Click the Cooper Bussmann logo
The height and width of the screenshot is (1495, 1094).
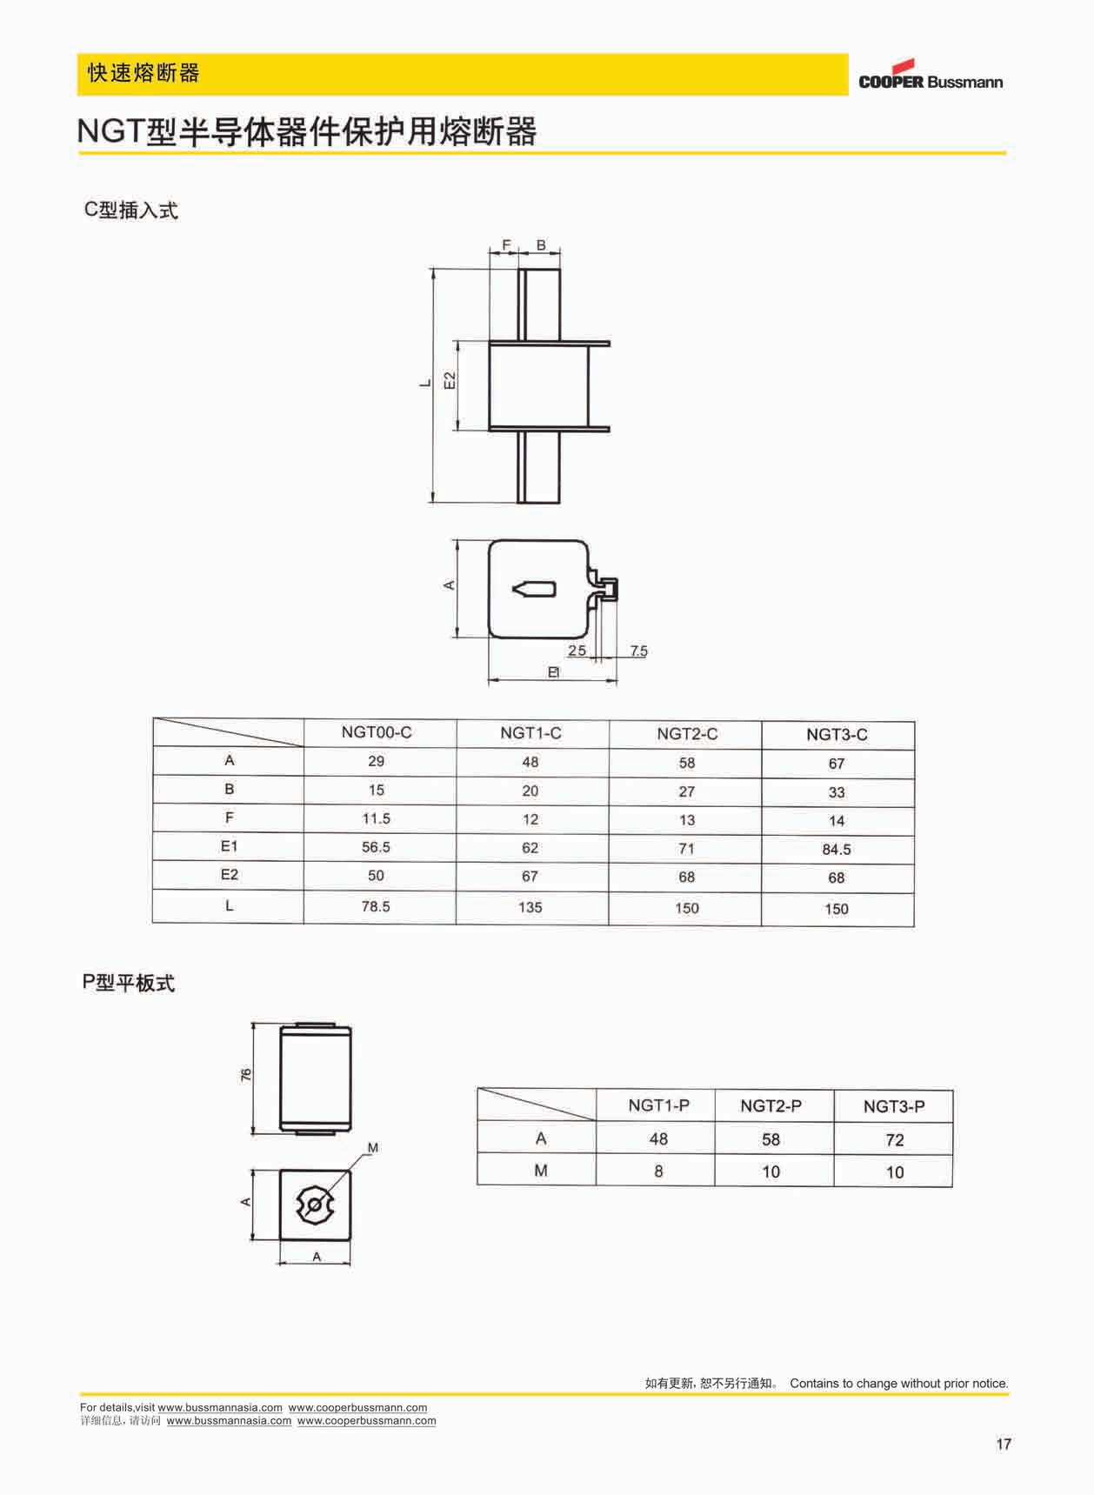click(930, 76)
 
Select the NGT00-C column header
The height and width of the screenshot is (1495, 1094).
click(377, 732)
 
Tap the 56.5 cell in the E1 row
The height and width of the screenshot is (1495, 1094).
click(376, 847)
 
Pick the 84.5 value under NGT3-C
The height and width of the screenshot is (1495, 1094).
click(837, 850)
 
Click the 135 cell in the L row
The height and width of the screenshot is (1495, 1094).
click(530, 907)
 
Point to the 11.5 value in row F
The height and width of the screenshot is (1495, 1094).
click(376, 818)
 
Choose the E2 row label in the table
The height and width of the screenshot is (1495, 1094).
click(229, 875)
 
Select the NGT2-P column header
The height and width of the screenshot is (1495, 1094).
click(770, 1105)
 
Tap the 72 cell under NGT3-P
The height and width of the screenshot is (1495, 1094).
click(894, 1140)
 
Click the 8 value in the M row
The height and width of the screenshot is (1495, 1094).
click(658, 1171)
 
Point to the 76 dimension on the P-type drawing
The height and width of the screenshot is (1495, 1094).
click(246, 1075)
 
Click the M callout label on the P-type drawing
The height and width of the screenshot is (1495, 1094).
click(373, 1148)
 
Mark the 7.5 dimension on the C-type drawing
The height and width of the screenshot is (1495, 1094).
click(638, 651)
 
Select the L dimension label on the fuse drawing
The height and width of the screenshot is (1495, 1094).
click(424, 383)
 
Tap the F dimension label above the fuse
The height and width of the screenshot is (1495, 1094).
click(506, 245)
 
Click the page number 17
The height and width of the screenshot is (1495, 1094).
click(1004, 1444)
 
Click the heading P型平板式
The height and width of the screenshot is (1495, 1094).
click(129, 983)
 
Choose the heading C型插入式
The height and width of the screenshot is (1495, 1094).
click(130, 210)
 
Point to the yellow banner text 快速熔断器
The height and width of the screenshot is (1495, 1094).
click(143, 73)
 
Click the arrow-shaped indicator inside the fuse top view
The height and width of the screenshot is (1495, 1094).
click(533, 589)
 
